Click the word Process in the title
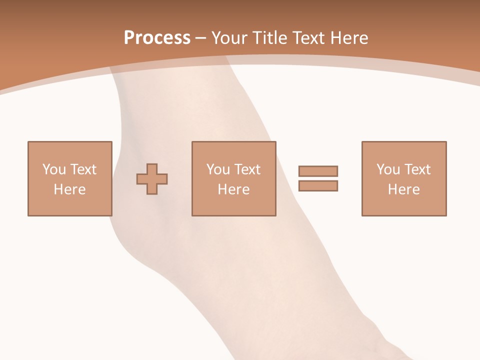tap(157, 38)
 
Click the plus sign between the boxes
tap(152, 178)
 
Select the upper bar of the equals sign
tap(318, 171)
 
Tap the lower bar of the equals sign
tap(318, 185)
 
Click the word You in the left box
tap(54, 169)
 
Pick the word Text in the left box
tap(83, 169)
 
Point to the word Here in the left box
tap(69, 189)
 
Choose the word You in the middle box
tap(218, 169)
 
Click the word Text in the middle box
tap(247, 169)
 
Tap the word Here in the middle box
tap(233, 189)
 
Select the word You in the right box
tap(388, 169)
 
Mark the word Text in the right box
tap(417, 169)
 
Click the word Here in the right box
tap(403, 189)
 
